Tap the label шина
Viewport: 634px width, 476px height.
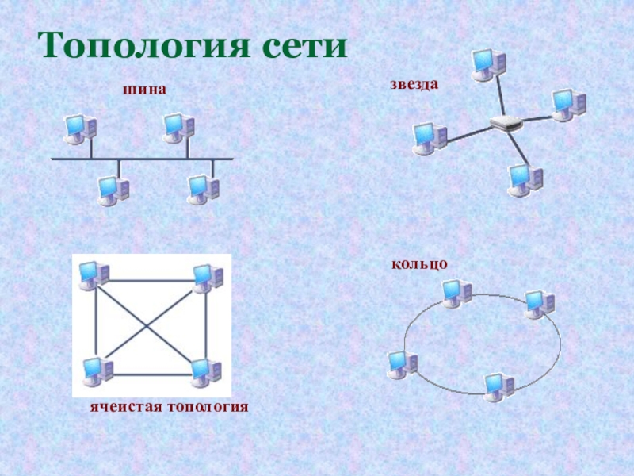144,89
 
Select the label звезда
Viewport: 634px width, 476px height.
414,84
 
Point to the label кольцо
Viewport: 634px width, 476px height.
419,264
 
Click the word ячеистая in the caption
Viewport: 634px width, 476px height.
126,406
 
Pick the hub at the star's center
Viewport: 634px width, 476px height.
506,123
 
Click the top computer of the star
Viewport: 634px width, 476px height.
489,65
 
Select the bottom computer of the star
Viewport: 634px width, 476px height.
525,180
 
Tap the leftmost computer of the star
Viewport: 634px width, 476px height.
430,139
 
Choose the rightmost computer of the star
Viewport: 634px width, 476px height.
568,106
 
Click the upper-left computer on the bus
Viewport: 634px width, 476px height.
80,129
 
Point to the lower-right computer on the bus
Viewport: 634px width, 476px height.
203,190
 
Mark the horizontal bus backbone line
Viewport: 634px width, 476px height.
142,159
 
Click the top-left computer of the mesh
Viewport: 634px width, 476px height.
94,275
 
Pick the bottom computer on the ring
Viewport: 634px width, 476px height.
499,387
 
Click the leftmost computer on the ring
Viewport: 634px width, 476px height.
403,365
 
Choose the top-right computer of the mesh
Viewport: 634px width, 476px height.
208,279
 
